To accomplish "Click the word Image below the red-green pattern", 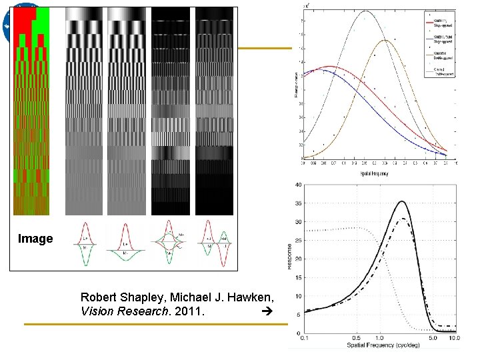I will (35, 239).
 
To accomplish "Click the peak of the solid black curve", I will (401, 201).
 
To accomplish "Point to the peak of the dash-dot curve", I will (402, 219).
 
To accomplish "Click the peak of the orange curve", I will (386, 41).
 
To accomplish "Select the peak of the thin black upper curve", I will (365, 11).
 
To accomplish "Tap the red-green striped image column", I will (31, 110).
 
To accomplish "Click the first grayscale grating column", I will (85, 110).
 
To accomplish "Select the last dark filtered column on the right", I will (215, 110).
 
